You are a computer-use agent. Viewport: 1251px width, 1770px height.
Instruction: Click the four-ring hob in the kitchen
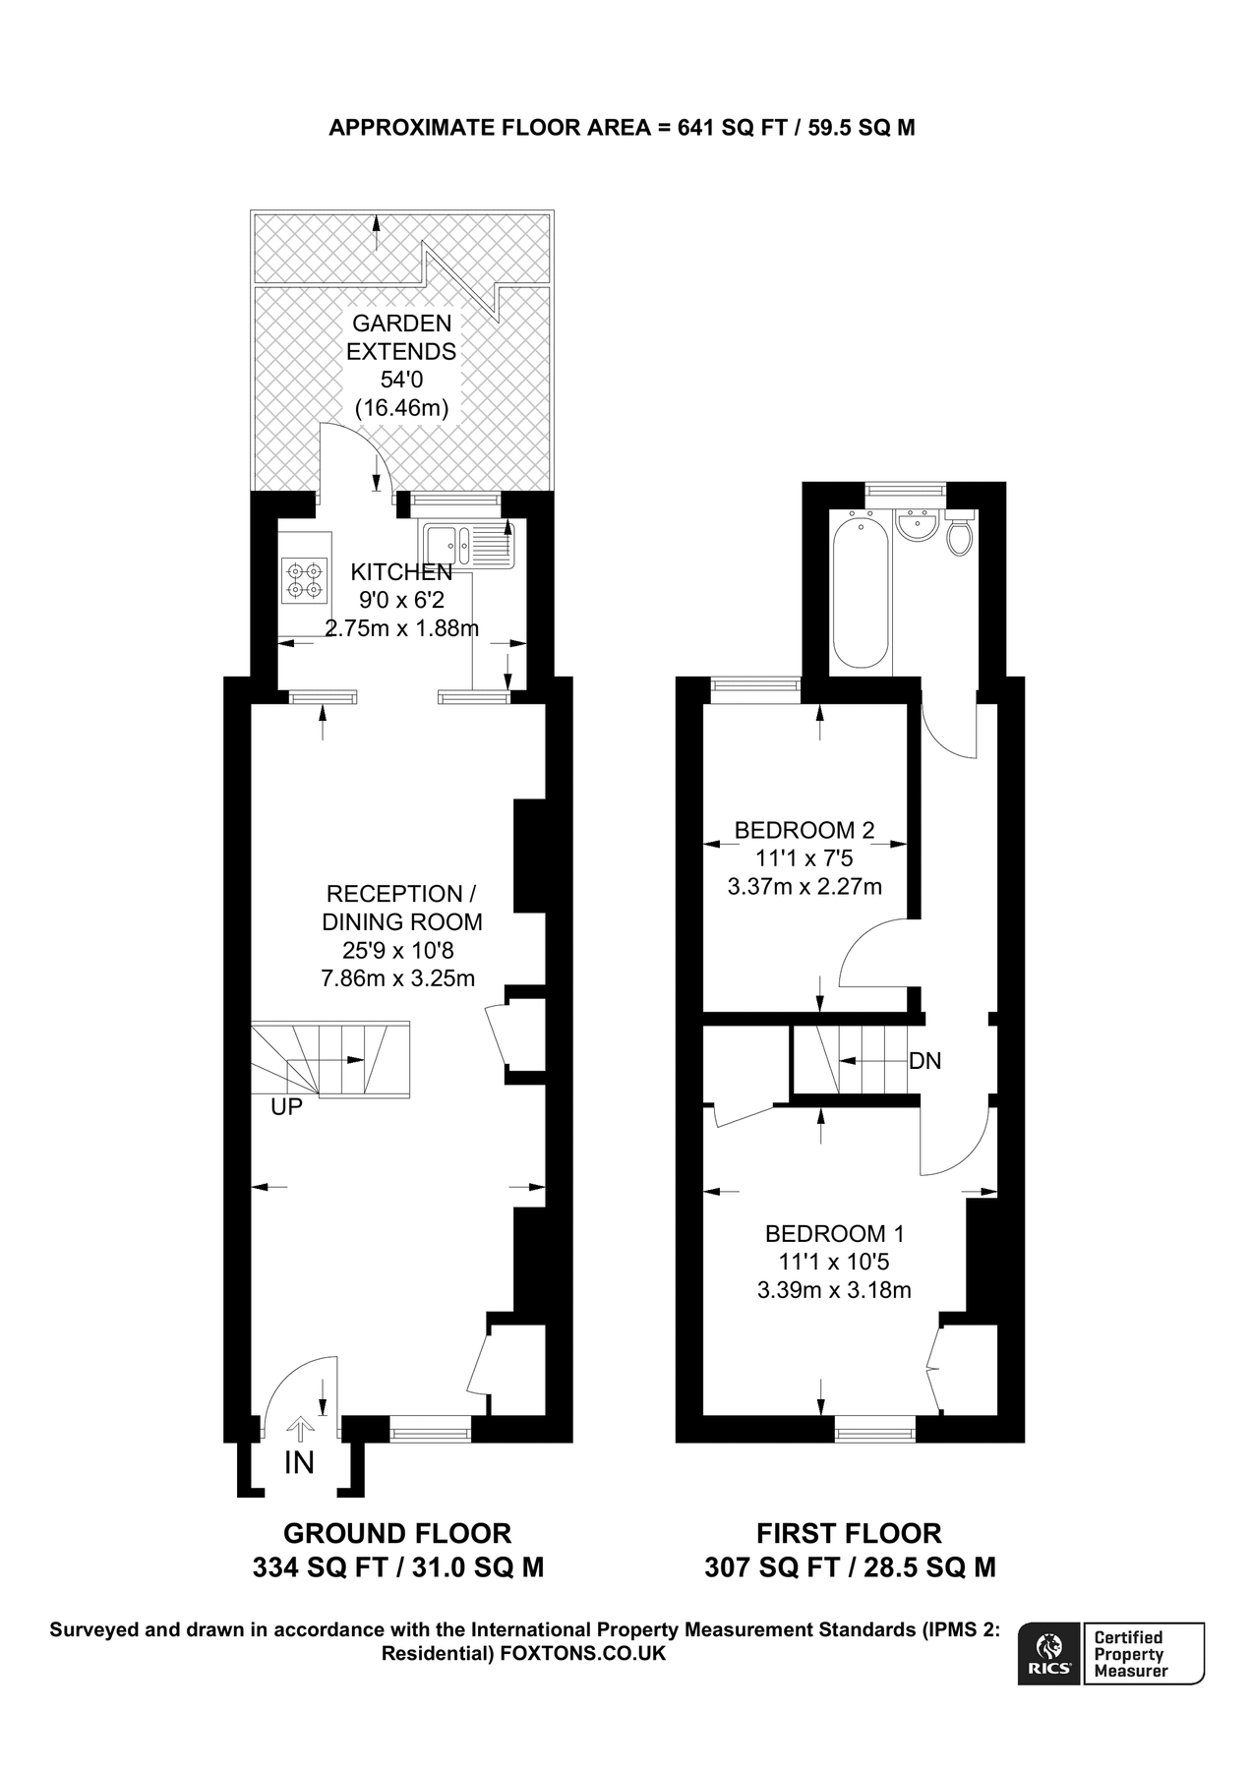pyautogui.click(x=303, y=579)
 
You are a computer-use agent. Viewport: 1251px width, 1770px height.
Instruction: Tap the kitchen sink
pyautogui.click(x=469, y=546)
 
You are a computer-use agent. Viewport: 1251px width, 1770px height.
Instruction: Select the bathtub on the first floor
pyautogui.click(x=862, y=590)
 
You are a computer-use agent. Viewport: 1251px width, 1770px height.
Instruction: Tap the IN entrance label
pyautogui.click(x=299, y=1463)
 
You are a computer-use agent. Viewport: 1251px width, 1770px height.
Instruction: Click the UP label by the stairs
pyautogui.click(x=286, y=1107)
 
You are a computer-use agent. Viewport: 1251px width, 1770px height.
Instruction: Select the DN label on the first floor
pyautogui.click(x=924, y=1061)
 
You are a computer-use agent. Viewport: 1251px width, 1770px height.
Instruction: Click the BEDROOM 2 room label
pyautogui.click(x=804, y=830)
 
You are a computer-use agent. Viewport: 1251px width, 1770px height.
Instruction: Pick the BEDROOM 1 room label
pyautogui.click(x=835, y=1233)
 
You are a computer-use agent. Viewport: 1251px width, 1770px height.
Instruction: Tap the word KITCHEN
pyautogui.click(x=401, y=571)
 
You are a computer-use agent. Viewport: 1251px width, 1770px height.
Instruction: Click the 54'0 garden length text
pyautogui.click(x=401, y=380)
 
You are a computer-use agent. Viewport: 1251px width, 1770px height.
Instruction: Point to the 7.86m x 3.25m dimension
pyautogui.click(x=398, y=978)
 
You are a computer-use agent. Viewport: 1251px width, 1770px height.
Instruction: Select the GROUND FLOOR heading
pyautogui.click(x=397, y=1533)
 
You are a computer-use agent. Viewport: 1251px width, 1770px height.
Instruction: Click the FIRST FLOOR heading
pyautogui.click(x=849, y=1533)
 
